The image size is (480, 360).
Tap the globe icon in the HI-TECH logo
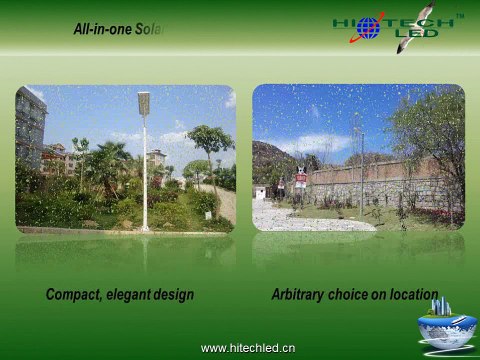click(368, 27)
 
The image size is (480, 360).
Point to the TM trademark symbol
click(460, 15)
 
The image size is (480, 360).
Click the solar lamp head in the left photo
click(143, 102)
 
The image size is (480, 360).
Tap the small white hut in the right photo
click(260, 191)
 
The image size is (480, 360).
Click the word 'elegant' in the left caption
click(135, 295)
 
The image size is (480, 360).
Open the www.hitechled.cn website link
click(248, 348)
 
